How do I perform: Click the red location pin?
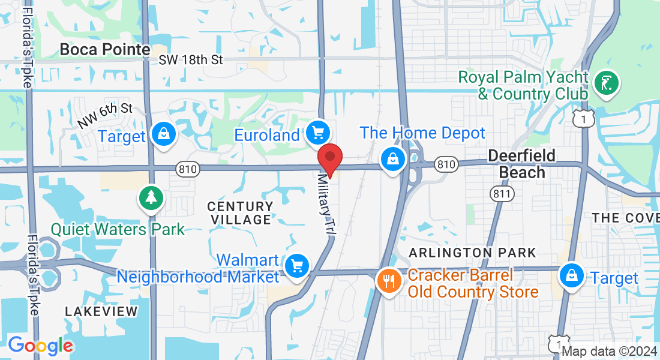[329, 158]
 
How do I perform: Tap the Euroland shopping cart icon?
[317, 133]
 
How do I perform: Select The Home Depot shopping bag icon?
[392, 159]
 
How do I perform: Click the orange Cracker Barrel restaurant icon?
[389, 280]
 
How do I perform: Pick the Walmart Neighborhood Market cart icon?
[296, 265]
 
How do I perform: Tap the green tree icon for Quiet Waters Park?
[151, 197]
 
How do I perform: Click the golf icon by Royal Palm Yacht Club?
[607, 83]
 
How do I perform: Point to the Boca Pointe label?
[105, 49]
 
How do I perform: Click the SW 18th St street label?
[191, 60]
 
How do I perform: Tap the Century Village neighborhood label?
[240, 213]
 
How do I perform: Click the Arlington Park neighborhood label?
[472, 253]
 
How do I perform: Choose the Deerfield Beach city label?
[522, 164]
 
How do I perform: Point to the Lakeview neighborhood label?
[101, 311]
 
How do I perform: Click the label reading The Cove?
[626, 218]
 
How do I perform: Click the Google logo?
[40, 346]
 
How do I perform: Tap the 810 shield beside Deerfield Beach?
[446, 164]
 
